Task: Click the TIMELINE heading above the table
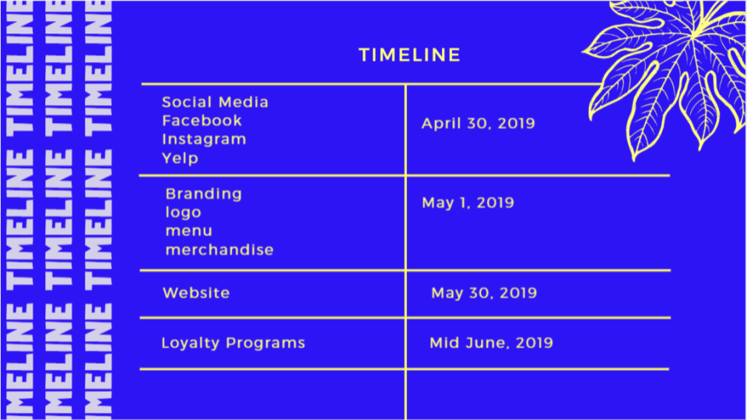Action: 410,54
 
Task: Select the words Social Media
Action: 216,102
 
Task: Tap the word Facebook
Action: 202,121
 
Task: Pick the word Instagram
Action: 204,139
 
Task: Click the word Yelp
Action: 180,158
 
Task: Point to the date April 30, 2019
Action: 479,124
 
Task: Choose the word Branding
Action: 204,194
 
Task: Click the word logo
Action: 184,212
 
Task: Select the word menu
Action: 188,231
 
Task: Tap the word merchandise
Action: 219,250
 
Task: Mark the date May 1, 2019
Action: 468,203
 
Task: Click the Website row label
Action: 196,292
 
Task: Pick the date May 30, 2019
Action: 484,292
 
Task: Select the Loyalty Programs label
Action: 233,343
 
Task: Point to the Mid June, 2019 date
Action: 491,343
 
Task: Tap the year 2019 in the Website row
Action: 518,292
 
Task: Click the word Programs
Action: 265,343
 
